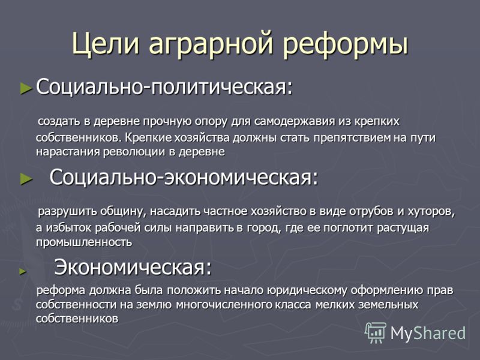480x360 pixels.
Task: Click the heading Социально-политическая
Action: (164, 87)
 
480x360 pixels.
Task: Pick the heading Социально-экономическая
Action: (184, 177)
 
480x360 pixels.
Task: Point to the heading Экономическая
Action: (133, 268)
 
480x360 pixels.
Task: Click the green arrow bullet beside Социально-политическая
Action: (26, 88)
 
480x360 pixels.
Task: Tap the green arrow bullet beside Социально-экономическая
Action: (26, 179)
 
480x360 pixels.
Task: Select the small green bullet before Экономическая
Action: (23, 271)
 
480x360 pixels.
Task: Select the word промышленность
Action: (84, 242)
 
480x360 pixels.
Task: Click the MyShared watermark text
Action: (428, 332)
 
